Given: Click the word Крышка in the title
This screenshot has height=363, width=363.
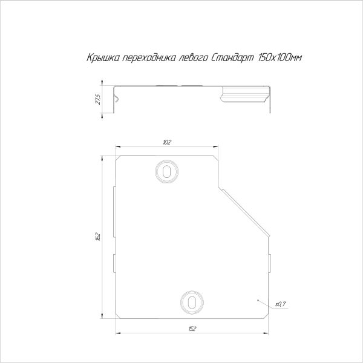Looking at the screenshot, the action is pyautogui.click(x=103, y=57).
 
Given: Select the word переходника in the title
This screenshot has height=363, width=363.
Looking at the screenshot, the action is pyautogui.click(x=149, y=57).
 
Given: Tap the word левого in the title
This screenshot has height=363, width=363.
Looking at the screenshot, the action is pyautogui.click(x=193, y=57).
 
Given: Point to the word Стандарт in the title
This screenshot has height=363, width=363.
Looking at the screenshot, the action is pyautogui.click(x=233, y=57).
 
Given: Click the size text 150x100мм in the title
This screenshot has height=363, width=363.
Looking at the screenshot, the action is pyautogui.click(x=280, y=57).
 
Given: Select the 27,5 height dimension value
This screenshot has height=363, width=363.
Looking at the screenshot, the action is pyautogui.click(x=98, y=99).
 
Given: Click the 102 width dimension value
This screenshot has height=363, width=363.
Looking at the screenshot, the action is pyautogui.click(x=167, y=142).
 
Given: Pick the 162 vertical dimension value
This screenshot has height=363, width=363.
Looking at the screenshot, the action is pyautogui.click(x=98, y=237).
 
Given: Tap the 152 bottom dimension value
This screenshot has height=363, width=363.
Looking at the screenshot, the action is pyautogui.click(x=192, y=329).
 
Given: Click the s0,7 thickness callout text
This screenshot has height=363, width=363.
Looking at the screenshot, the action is pyautogui.click(x=280, y=304).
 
